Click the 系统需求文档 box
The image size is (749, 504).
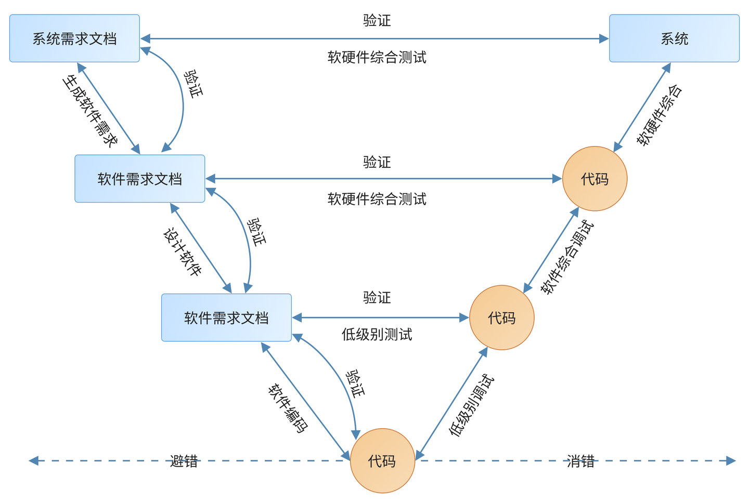74,38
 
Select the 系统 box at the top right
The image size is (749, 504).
674,38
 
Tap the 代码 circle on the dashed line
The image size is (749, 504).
382,460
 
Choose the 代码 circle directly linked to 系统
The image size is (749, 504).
595,179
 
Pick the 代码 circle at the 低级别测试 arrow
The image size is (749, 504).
501,317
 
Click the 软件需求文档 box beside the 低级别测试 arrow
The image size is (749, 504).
226,317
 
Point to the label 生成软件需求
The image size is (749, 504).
90,111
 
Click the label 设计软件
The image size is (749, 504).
183,252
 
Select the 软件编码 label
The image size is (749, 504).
288,408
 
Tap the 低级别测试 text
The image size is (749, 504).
377,334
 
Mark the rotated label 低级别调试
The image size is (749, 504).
471,406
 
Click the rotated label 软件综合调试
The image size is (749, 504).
567,257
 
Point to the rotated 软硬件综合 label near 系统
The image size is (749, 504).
659,115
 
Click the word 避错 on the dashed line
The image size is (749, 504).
184,461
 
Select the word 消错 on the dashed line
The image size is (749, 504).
580,461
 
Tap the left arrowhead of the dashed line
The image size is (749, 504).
33,460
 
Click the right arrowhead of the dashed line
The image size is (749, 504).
731,460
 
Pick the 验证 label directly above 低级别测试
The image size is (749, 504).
377,298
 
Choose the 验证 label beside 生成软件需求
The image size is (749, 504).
193,84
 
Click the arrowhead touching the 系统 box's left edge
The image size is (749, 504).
604,38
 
